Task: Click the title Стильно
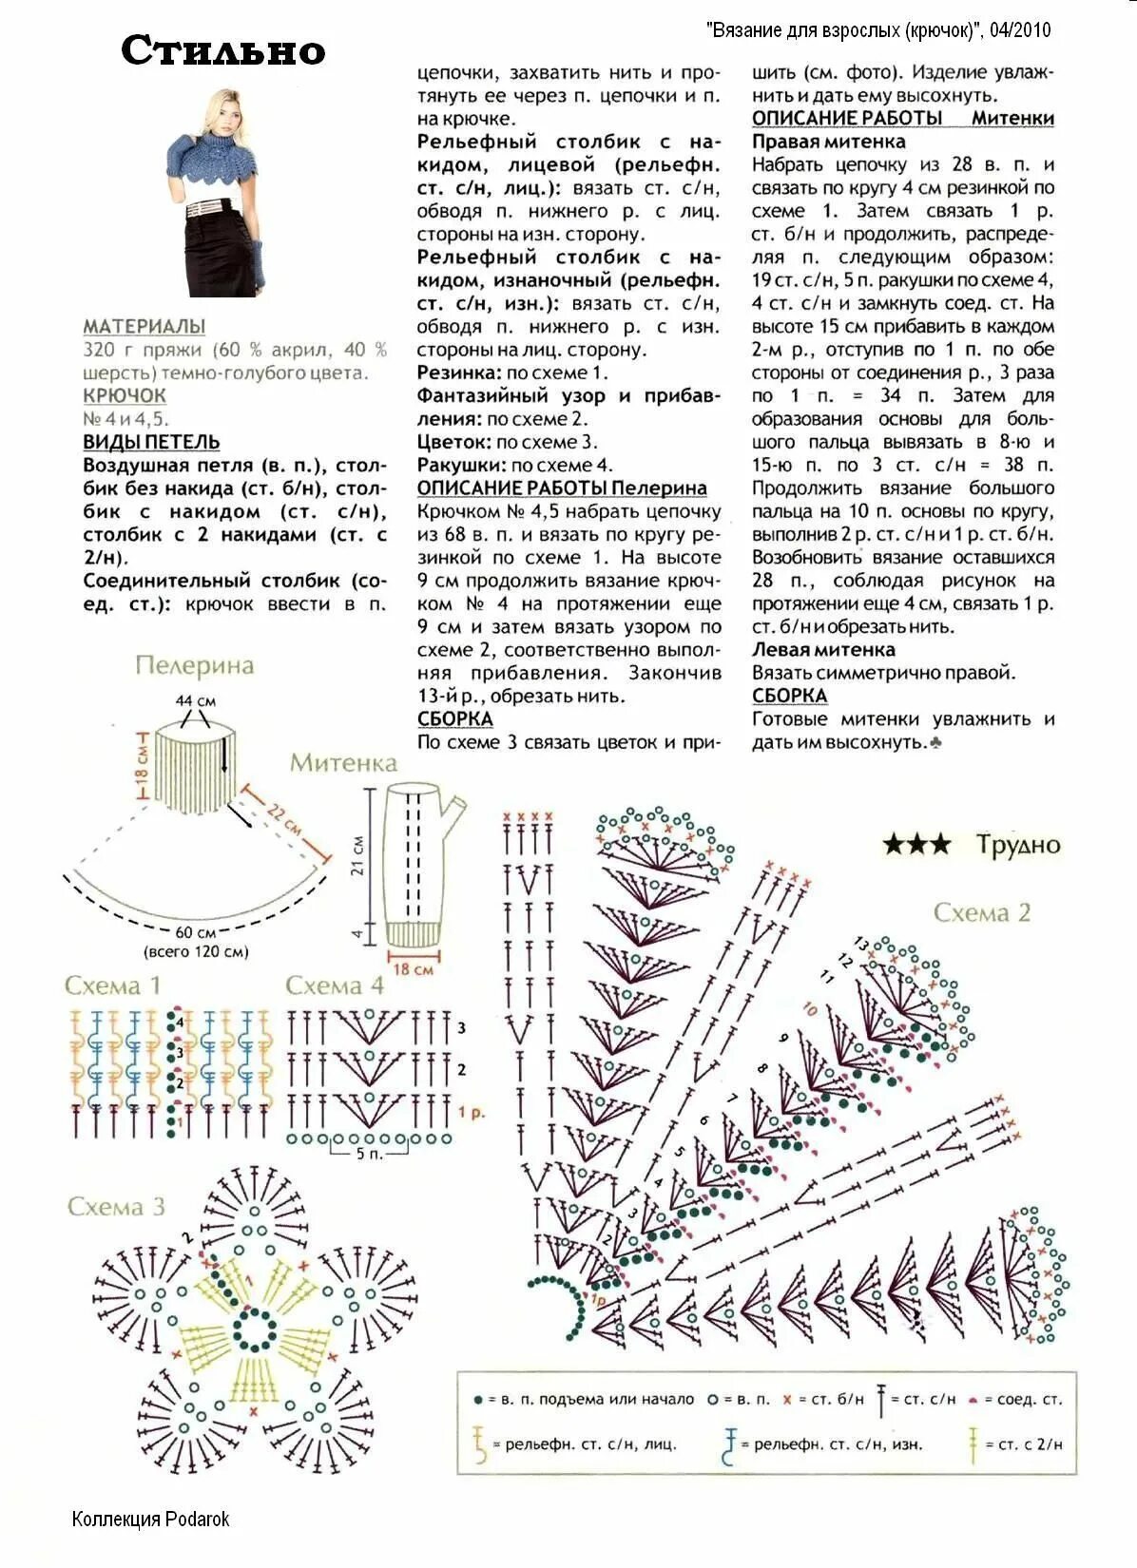(x=222, y=50)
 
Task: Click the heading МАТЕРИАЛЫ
(x=144, y=326)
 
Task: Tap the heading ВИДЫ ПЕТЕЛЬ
(x=151, y=442)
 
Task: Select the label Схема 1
(x=112, y=985)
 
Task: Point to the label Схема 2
(x=981, y=913)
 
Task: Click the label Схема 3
(x=116, y=1207)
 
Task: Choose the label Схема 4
(x=335, y=985)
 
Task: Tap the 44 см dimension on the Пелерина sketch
(x=195, y=700)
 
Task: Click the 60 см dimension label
(x=195, y=933)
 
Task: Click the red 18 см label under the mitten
(x=414, y=969)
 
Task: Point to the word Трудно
(x=1017, y=844)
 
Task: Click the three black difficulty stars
(x=915, y=844)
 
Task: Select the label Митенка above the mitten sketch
(x=343, y=763)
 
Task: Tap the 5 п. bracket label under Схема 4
(x=369, y=1154)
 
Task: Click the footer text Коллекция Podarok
(x=150, y=1519)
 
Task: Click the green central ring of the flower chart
(x=254, y=1329)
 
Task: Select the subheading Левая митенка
(x=823, y=650)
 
